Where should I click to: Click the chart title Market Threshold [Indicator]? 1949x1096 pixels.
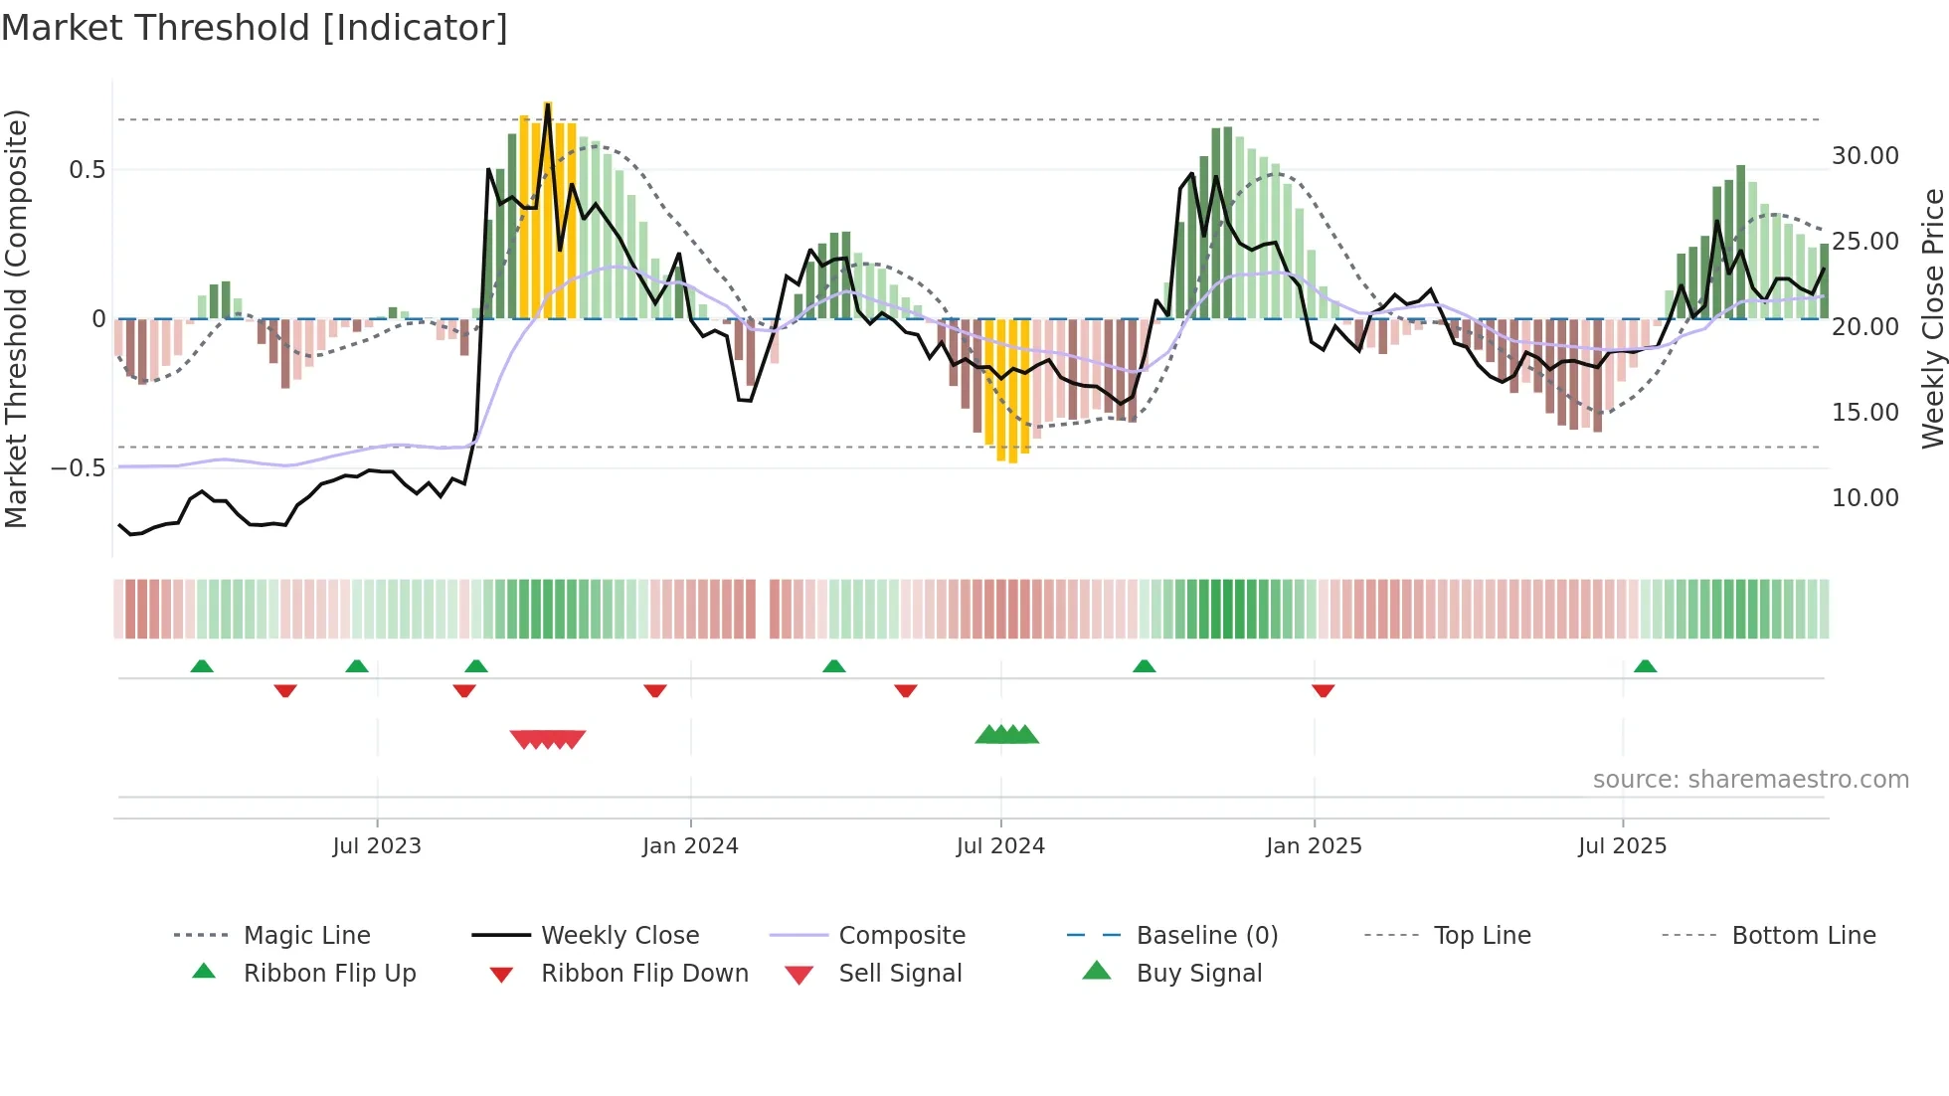[x=255, y=28]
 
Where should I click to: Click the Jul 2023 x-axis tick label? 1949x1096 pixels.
[x=376, y=846]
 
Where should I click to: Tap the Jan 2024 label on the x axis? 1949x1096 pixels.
[x=690, y=846]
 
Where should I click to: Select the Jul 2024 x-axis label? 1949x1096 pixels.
[x=1000, y=846]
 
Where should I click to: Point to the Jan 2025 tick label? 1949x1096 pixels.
[x=1314, y=846]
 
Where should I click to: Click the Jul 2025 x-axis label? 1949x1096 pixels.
[x=1622, y=846]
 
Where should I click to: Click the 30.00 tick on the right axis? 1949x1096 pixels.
[x=1864, y=156]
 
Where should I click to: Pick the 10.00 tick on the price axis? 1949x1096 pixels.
[x=1864, y=498]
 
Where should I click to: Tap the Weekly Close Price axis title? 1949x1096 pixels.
[x=1932, y=318]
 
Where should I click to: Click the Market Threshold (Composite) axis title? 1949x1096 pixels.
[x=16, y=318]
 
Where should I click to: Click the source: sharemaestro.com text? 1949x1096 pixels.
[x=1750, y=780]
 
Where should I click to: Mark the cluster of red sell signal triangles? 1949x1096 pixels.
[x=548, y=739]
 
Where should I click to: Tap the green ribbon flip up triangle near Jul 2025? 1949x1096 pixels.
[x=1645, y=666]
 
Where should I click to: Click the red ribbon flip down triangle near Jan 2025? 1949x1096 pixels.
[x=1323, y=690]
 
